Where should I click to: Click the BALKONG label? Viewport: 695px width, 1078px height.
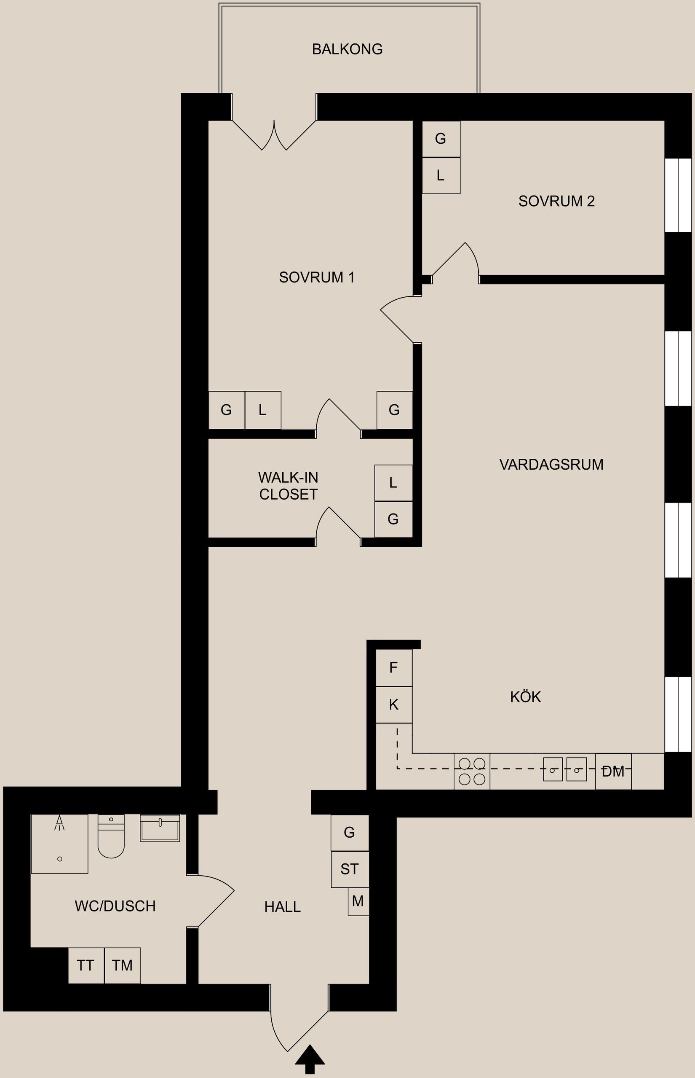tap(347, 49)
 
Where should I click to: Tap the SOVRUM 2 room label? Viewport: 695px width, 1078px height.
tap(556, 201)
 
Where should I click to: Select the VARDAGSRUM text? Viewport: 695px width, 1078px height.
tap(551, 464)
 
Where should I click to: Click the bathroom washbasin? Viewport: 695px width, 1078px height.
tap(160, 828)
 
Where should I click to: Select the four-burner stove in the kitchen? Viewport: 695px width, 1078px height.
tap(472, 772)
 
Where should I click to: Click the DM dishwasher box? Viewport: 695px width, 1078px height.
tap(613, 772)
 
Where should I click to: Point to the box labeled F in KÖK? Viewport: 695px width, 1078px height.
tap(393, 668)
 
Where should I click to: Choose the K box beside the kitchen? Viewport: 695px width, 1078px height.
tap(393, 704)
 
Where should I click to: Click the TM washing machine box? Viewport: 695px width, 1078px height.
tap(122, 965)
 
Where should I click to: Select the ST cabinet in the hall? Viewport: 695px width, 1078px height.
tap(350, 869)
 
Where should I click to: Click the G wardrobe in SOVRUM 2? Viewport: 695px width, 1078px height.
tap(441, 139)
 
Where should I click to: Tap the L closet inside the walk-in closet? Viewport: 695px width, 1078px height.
tap(393, 483)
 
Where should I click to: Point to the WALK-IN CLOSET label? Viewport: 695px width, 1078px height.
tap(288, 486)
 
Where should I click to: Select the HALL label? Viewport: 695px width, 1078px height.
tap(283, 907)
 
